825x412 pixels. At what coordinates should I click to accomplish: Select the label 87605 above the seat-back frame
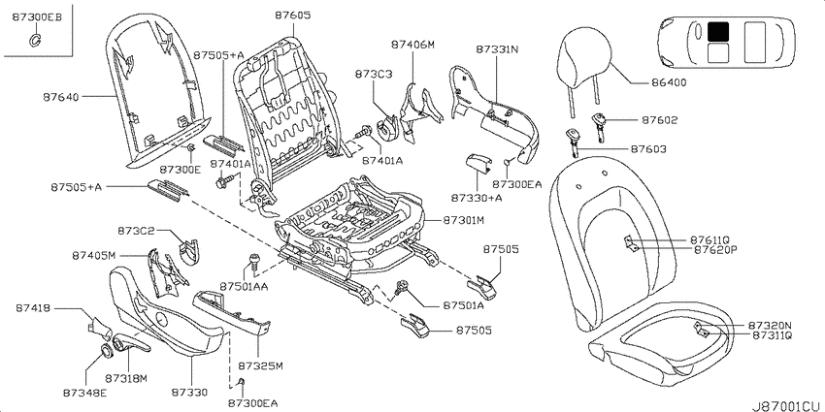(292, 16)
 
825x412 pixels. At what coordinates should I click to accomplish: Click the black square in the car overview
(717, 32)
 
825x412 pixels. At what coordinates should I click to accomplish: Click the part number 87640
(61, 97)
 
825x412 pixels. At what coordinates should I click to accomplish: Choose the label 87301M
(463, 221)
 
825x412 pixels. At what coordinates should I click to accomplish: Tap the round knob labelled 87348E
(107, 351)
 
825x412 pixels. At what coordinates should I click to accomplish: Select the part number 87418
(32, 308)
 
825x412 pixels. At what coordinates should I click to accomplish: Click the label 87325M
(260, 365)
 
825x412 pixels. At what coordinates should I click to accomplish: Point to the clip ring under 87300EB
(35, 39)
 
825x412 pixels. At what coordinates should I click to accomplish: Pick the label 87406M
(413, 45)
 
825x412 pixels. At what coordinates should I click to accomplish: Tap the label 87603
(648, 149)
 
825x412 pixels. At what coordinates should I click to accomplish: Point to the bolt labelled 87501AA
(254, 261)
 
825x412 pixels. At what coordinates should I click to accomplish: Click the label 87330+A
(477, 198)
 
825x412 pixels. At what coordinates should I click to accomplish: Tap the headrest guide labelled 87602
(601, 124)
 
